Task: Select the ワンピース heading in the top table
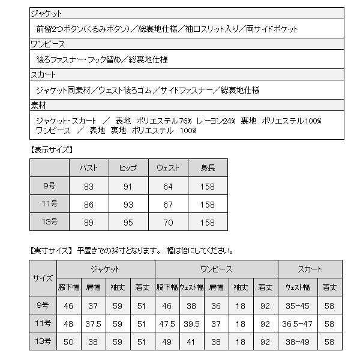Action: pyautogui.click(x=47, y=44)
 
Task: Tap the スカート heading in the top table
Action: pyautogui.click(x=43, y=75)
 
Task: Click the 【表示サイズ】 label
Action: pyautogui.click(x=52, y=150)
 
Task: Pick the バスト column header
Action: pyautogui.click(x=89, y=168)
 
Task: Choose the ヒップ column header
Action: pyautogui.click(x=128, y=168)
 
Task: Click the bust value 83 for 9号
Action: pyautogui.click(x=89, y=187)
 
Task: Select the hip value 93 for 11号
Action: pyautogui.click(x=128, y=205)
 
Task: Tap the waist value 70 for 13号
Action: pyautogui.click(x=168, y=222)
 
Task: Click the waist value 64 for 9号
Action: pyautogui.click(x=168, y=187)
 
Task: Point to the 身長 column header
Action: pyautogui.click(x=208, y=168)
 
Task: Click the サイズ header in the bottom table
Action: pyautogui.click(x=43, y=278)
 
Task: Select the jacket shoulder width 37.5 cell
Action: pyautogui.click(x=94, y=324)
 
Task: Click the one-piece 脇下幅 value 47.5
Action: pyautogui.click(x=167, y=324)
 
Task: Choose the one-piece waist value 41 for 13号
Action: pyautogui.click(x=192, y=342)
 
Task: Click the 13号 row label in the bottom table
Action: pyautogui.click(x=43, y=342)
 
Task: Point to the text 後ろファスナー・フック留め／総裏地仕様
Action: pyautogui.click(x=102, y=59)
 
